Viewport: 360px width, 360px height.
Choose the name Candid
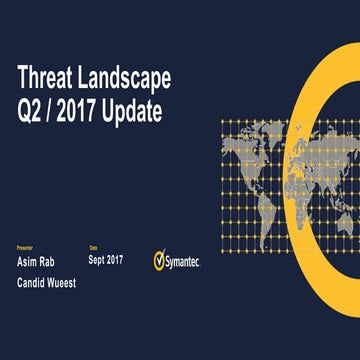[36, 254]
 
